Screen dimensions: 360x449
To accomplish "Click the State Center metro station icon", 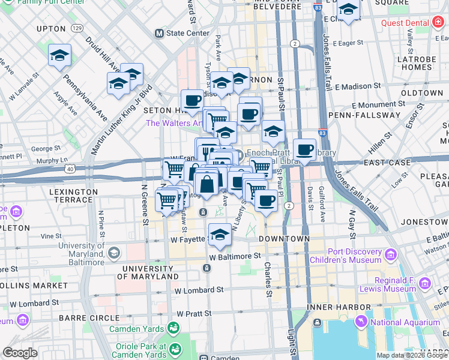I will [160, 33].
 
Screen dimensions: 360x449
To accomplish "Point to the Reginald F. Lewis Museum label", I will [384, 284].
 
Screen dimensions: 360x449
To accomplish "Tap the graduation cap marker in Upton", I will [59, 56].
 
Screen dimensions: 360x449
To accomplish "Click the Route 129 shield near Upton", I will [76, 28].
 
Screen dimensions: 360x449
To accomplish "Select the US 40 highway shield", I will [70, 170].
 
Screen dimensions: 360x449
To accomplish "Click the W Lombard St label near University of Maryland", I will [199, 290].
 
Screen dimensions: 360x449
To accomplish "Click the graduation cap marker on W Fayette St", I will [220, 235].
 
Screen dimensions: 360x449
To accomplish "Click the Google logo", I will [20, 353].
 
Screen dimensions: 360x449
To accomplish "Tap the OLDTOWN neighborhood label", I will [422, 94].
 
